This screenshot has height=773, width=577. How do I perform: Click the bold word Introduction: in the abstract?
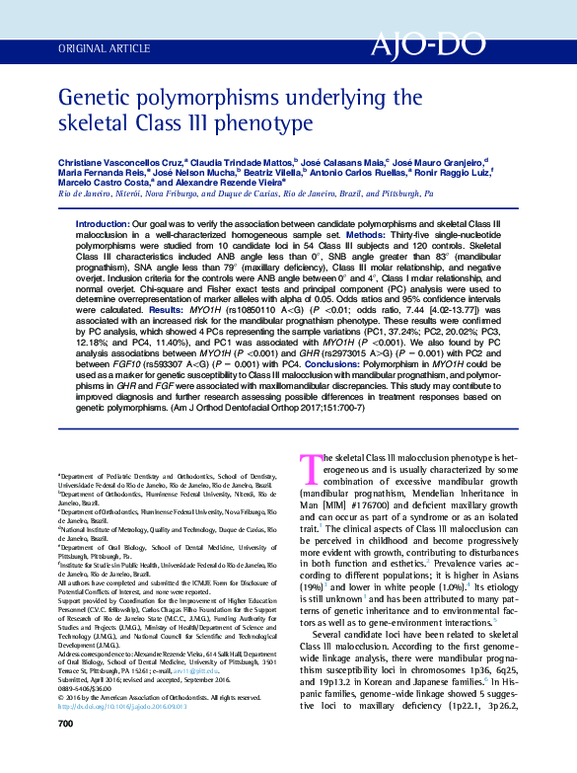point(102,226)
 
